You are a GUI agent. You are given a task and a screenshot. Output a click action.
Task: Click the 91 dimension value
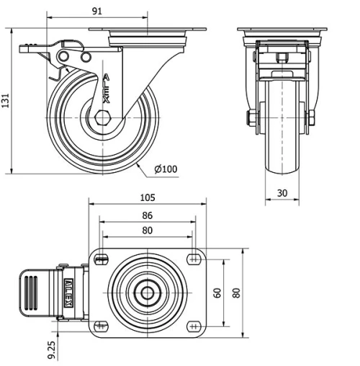(97, 11)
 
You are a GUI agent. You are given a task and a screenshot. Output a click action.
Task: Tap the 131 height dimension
(6, 101)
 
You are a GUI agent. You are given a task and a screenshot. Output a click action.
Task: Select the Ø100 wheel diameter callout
(165, 170)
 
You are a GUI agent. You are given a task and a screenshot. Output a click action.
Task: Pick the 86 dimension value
(147, 215)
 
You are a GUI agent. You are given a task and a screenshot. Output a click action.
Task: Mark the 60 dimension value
(216, 293)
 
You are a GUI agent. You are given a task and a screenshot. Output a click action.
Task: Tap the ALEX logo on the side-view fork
(106, 87)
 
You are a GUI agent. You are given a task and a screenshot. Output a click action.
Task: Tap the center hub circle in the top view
(147, 293)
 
